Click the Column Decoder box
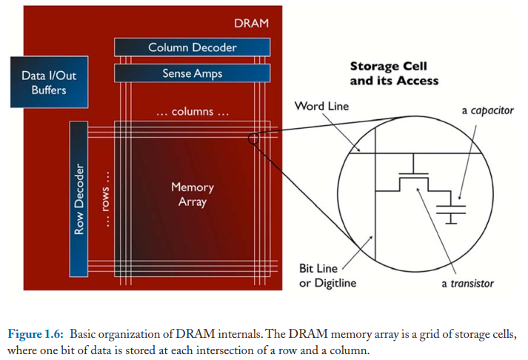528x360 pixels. [193, 47]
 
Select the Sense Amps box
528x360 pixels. [193, 73]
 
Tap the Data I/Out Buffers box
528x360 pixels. [49, 82]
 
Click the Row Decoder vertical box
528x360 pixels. [78, 199]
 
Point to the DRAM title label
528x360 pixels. [252, 23]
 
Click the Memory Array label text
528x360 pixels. [193, 194]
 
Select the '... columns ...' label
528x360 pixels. [193, 111]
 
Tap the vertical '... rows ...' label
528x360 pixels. [105, 199]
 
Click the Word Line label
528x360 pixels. [321, 106]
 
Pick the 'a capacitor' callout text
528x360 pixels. [487, 110]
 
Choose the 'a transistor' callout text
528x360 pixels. [467, 284]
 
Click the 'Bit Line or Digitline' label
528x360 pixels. [327, 276]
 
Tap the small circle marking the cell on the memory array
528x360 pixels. [253, 139]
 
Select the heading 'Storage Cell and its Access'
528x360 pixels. [394, 73]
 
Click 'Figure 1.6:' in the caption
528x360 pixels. [36, 334]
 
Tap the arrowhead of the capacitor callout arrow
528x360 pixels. [460, 198]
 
